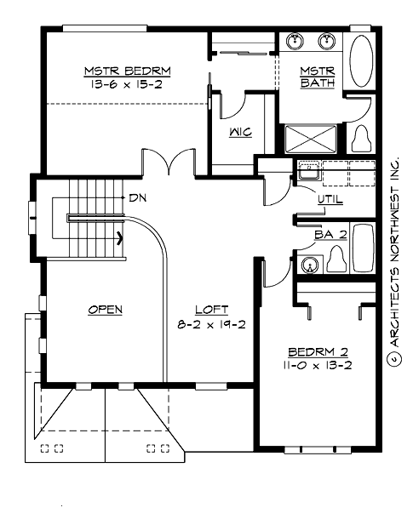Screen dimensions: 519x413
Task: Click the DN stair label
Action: click(x=138, y=197)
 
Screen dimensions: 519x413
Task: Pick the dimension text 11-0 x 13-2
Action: click(x=317, y=365)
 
